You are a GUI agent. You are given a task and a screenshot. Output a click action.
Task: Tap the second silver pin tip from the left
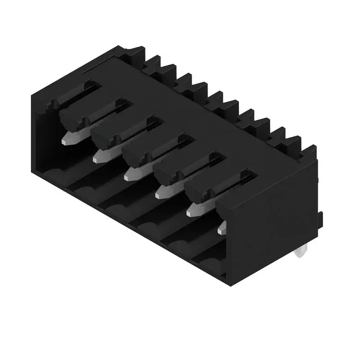click(x=99, y=156)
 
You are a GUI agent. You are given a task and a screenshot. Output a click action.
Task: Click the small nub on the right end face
click(x=321, y=218)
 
